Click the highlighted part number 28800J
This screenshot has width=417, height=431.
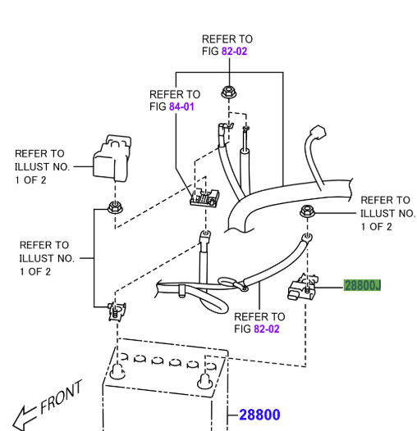[x=362, y=285]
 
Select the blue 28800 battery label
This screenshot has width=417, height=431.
[x=259, y=415]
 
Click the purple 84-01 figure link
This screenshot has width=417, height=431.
[x=182, y=107]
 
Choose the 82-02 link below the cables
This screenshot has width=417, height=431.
[x=267, y=329]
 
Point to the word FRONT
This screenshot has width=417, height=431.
[x=62, y=397]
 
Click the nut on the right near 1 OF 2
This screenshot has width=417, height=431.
[x=305, y=212]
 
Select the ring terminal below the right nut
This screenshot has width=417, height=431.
[x=306, y=238]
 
